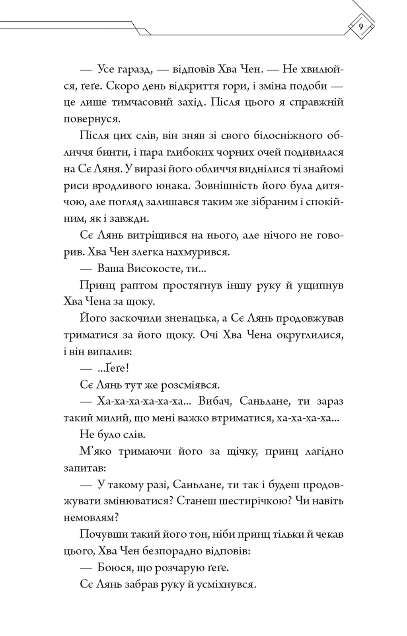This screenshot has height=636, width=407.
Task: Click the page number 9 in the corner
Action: pyautogui.click(x=361, y=27)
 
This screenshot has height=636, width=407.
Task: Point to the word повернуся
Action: pyautogui.click(x=92, y=119)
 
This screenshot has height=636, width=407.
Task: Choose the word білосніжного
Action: pyautogui.click(x=285, y=136)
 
